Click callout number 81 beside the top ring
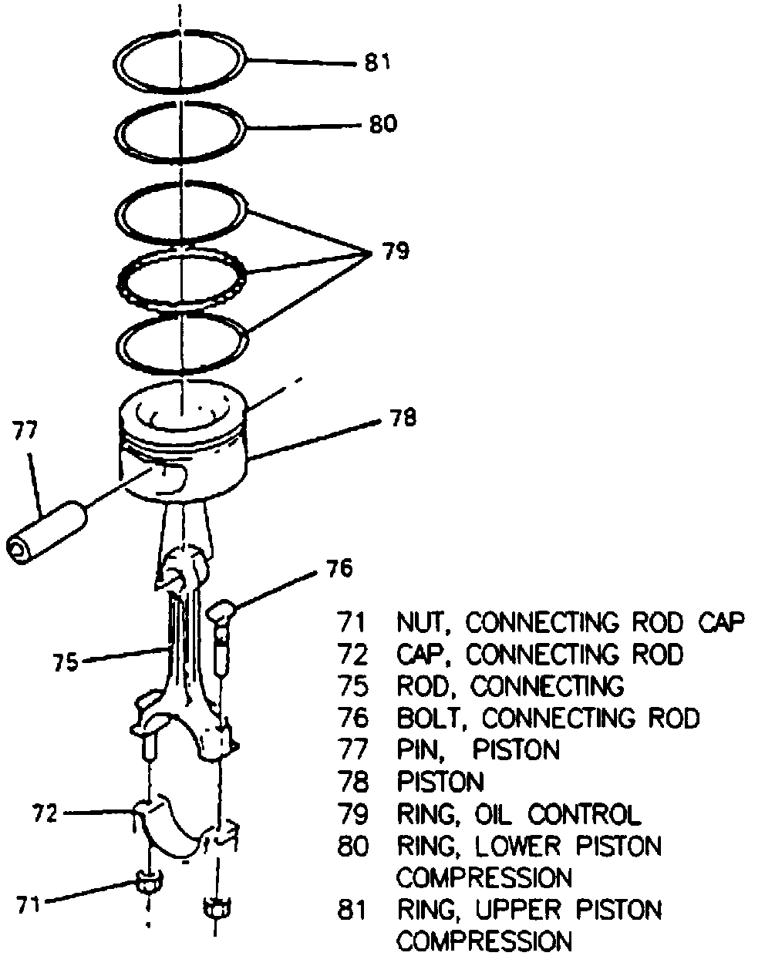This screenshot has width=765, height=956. (x=377, y=62)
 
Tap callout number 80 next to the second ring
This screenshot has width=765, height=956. (x=382, y=123)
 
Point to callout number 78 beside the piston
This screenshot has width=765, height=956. (x=401, y=418)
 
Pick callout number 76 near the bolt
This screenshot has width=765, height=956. (x=338, y=569)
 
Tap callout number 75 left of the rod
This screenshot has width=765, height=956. (x=66, y=661)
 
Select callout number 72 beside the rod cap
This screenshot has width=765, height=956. (x=45, y=813)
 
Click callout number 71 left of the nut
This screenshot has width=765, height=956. (x=29, y=903)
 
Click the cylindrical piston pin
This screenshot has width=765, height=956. (x=46, y=532)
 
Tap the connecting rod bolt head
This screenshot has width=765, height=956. (x=221, y=613)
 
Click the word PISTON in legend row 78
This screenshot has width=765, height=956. (x=440, y=782)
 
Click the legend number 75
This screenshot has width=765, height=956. (x=353, y=685)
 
